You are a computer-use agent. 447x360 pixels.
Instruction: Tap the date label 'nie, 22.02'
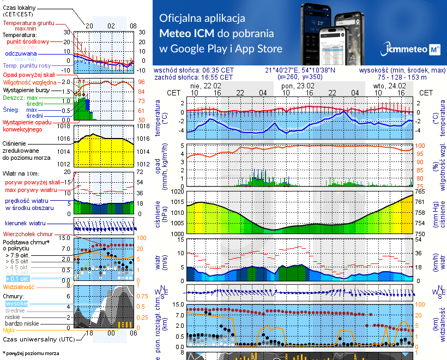pos(206,86)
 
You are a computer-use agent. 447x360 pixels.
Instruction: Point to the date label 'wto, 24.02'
pos(390,86)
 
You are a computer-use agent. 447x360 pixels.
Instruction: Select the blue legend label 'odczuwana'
pos(21,54)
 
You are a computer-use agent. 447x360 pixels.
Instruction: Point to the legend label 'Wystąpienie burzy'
pos(26,88)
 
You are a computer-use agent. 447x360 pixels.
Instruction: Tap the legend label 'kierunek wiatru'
pos(25,223)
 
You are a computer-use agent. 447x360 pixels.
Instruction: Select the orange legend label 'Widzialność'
pos(19,286)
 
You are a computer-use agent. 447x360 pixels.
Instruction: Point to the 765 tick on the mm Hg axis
pos(420,191)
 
